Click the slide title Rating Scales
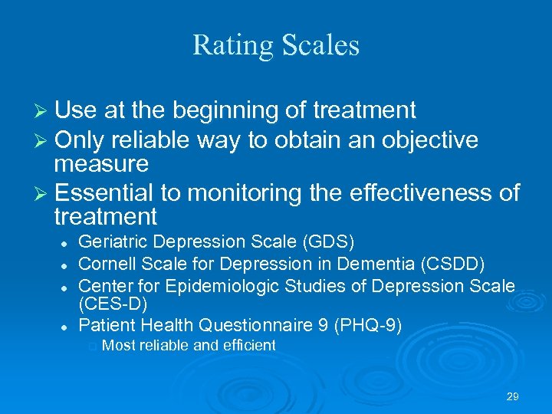pyautogui.click(x=276, y=45)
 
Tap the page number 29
pyautogui.click(x=513, y=396)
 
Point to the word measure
pyautogui.click(x=101, y=163)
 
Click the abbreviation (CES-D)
pyautogui.click(x=113, y=304)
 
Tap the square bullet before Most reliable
pyautogui.click(x=92, y=347)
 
